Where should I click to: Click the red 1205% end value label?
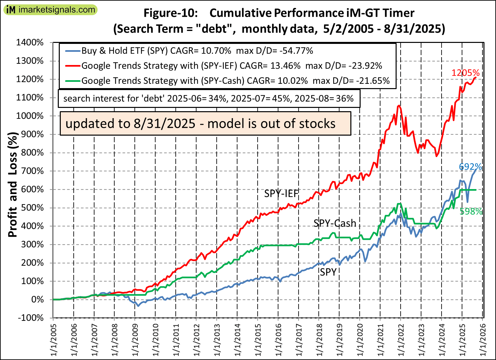pyautogui.click(x=465, y=73)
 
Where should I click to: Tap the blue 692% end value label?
pyautogui.click(x=470, y=167)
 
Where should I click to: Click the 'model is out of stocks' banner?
pyautogui.click(x=205, y=123)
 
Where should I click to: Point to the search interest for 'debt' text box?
pyautogui.click(x=209, y=98)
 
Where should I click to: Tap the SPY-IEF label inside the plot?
pyautogui.click(x=281, y=194)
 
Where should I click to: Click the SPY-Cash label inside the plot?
pyautogui.click(x=335, y=223)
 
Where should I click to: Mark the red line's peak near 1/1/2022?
pyautogui.click(x=399, y=106)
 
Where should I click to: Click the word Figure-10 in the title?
pyautogui.click(x=170, y=13)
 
